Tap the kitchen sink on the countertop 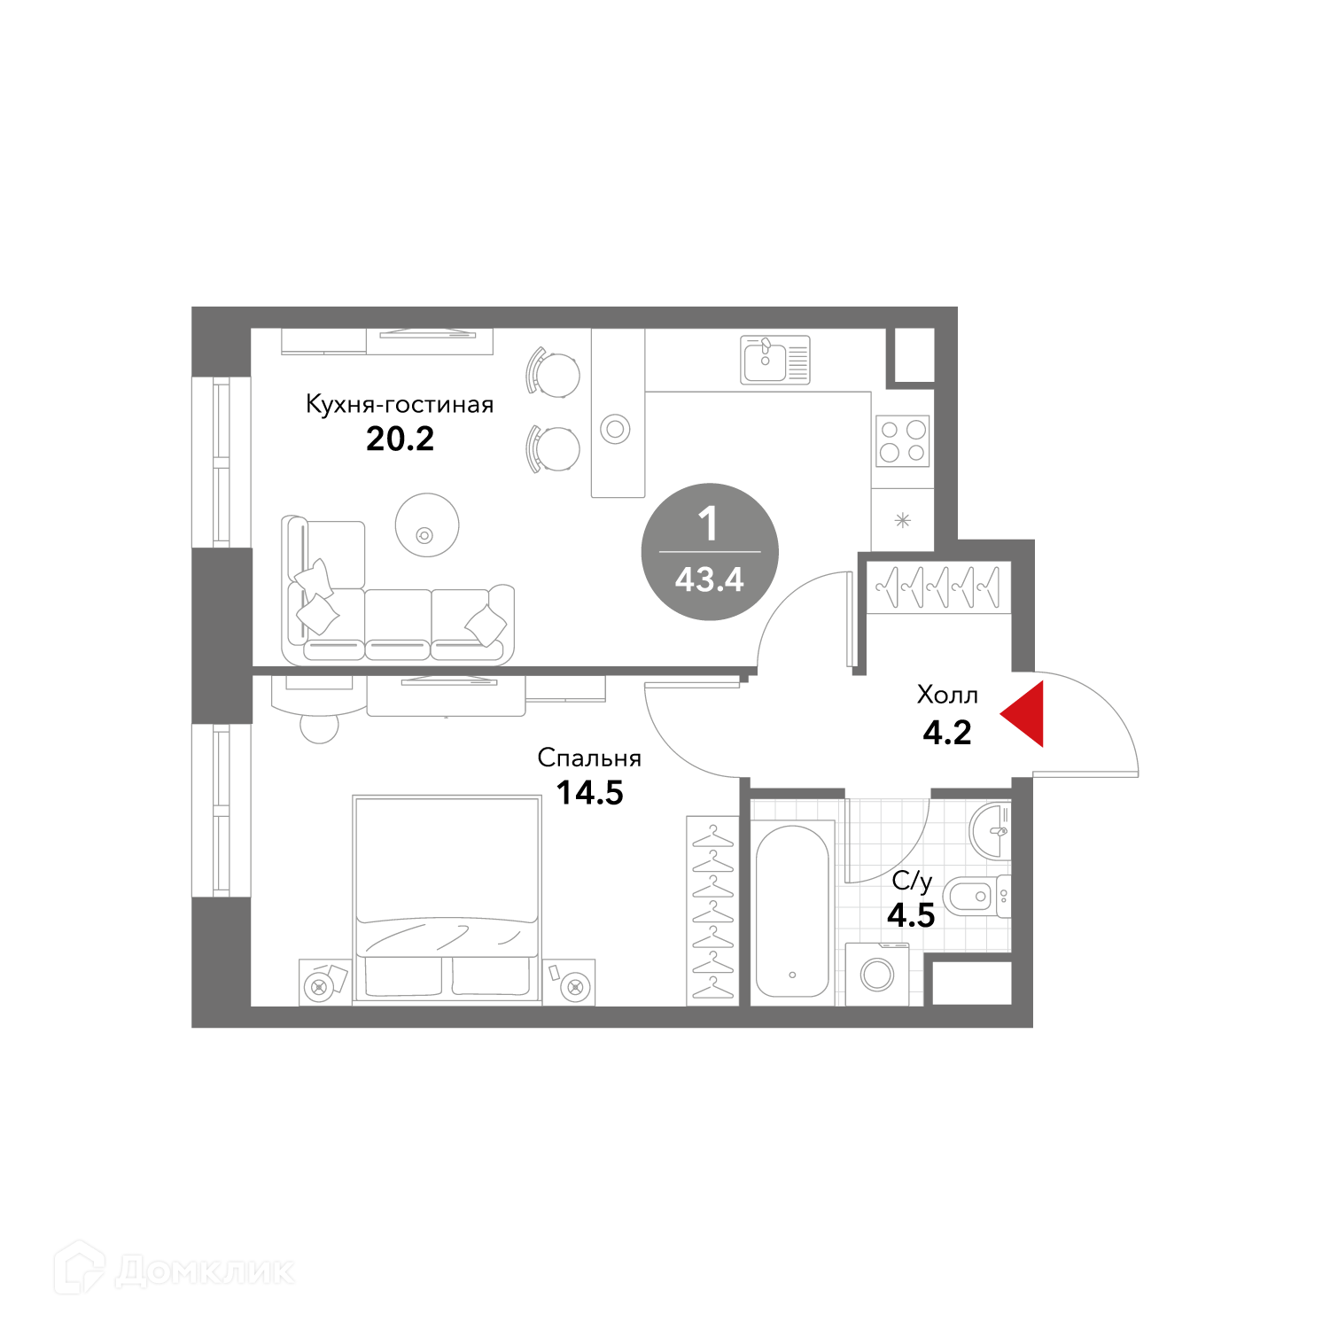pyautogui.click(x=776, y=361)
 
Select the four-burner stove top pyautogui.click(x=903, y=440)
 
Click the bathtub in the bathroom pyautogui.click(x=792, y=912)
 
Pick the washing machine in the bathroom pyautogui.click(x=878, y=974)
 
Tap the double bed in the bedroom pyautogui.click(x=447, y=899)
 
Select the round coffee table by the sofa pyautogui.click(x=427, y=525)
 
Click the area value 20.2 pyautogui.click(x=401, y=439)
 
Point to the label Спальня pyautogui.click(x=589, y=758)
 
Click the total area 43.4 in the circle pyautogui.click(x=710, y=580)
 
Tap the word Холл pyautogui.click(x=947, y=695)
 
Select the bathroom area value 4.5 pyautogui.click(x=912, y=915)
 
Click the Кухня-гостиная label pyautogui.click(x=400, y=405)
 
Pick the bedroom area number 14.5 pyautogui.click(x=590, y=793)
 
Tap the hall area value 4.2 pyautogui.click(x=947, y=733)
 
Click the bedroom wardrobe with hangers pyautogui.click(x=713, y=911)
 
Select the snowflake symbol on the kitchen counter pyautogui.click(x=902, y=521)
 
